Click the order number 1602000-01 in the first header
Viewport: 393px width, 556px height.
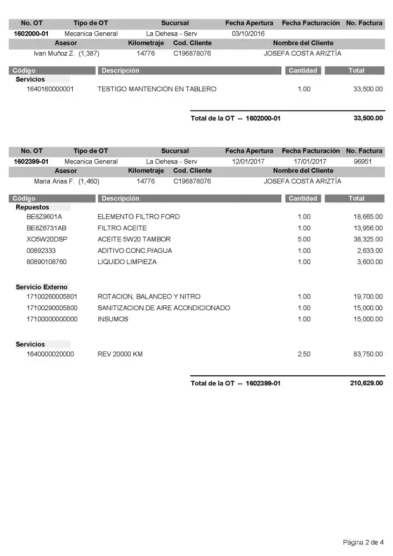(32, 33)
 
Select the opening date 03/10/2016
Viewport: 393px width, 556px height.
(248, 33)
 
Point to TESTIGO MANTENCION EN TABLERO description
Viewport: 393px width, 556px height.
(157, 89)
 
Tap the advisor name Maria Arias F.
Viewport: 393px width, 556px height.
(54, 181)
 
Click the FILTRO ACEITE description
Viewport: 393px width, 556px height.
(122, 228)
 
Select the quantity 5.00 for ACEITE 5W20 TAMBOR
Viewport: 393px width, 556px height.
(304, 239)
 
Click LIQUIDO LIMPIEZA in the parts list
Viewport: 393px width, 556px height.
(127, 261)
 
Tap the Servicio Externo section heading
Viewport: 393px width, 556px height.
(42, 287)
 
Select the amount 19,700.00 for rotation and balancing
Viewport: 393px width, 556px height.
(368, 296)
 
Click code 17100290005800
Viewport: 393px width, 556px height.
(52, 307)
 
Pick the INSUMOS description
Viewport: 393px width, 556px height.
(113, 319)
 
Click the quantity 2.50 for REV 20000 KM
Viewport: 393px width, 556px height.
(304, 354)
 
